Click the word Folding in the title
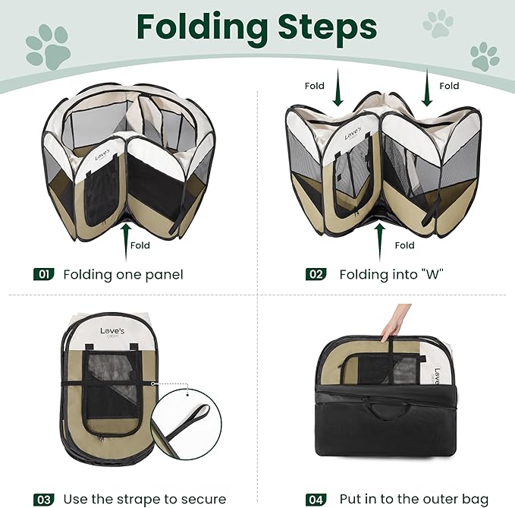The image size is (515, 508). click(199, 27)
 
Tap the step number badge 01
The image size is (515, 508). click(43, 274)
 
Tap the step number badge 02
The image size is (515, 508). click(316, 274)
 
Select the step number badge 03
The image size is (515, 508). click(43, 499)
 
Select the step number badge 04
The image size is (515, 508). click(316, 499)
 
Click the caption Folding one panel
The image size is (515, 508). click(123, 274)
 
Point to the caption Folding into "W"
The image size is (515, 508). click(391, 274)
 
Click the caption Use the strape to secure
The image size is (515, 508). click(144, 499)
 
